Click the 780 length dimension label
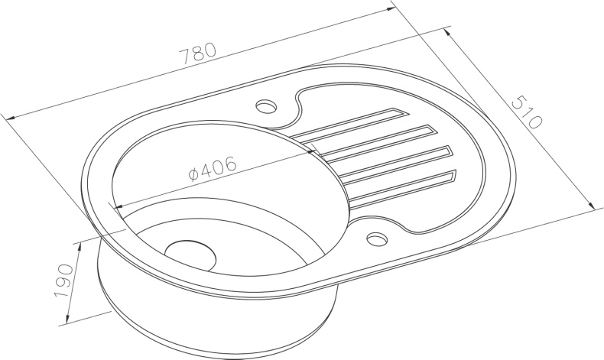[199, 54]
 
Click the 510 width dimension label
[527, 112]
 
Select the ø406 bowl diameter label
[213, 169]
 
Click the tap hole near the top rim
[266, 106]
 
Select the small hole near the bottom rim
[377, 238]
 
